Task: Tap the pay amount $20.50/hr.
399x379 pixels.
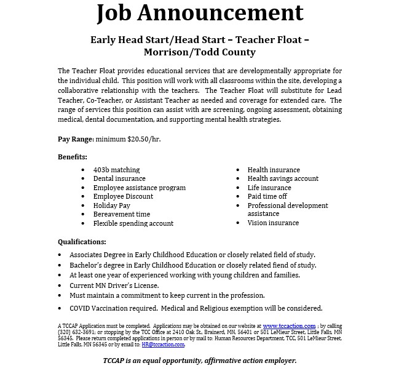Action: [144, 139]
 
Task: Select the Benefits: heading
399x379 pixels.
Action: [73, 157]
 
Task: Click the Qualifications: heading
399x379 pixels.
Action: [82, 242]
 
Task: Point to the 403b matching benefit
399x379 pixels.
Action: [116, 170]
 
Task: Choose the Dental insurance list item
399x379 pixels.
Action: [119, 178]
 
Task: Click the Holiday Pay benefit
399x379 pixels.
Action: [111, 205]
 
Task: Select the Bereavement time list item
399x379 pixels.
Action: [121, 214]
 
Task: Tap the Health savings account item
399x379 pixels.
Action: [283, 178]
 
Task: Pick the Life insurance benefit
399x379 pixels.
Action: [269, 188]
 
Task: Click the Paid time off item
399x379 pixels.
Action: [267, 196]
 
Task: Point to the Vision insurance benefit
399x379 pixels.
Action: [273, 223]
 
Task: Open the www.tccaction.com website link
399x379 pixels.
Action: [289, 326]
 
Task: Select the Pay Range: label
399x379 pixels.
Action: [76, 139]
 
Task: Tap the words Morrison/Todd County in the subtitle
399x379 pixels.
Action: [199, 52]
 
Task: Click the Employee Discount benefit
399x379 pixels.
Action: [123, 196]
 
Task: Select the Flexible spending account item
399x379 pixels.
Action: [133, 223]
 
